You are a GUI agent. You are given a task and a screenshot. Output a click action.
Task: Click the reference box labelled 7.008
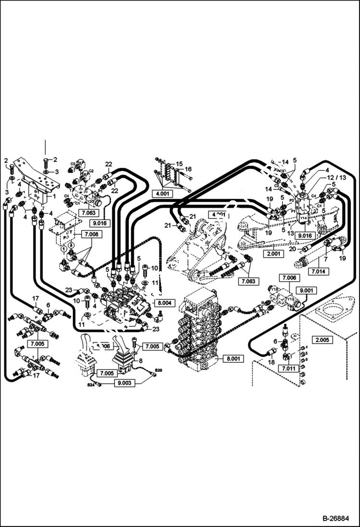pos(91,234)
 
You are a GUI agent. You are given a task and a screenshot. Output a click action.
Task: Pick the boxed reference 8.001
pos(226,357)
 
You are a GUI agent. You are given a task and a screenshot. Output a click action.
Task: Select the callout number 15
pos(179,164)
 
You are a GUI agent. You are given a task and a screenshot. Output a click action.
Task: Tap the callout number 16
pos(188,169)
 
